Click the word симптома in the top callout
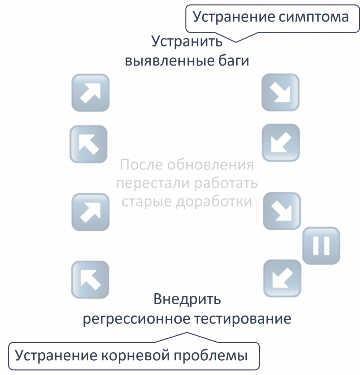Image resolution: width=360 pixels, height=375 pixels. coord(313,17)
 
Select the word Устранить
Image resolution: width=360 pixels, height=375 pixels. coord(187,42)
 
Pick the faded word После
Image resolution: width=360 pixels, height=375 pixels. coord(141,165)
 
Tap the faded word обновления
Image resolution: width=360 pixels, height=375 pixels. coord(210,165)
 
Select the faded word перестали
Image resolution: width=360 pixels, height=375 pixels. coord(153,183)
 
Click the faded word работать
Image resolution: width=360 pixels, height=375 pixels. coord(226,183)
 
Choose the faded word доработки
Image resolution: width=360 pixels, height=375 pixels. coord(214,201)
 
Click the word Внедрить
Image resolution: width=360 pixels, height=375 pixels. coord(187,299)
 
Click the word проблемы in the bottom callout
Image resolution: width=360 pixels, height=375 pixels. coord(211,355)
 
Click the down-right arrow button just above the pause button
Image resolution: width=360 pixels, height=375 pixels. coord(282,211)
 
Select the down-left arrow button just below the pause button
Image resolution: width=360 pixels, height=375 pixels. coord(282,278)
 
